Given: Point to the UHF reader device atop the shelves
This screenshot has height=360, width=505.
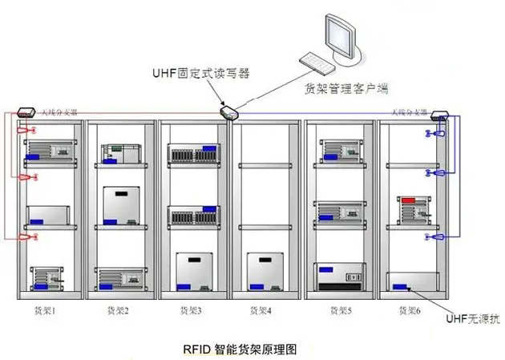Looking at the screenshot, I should [x=229, y=113].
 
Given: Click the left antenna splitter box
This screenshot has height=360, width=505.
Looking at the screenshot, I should [x=25, y=115].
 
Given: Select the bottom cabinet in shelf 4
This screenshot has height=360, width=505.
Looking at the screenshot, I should [x=265, y=272].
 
